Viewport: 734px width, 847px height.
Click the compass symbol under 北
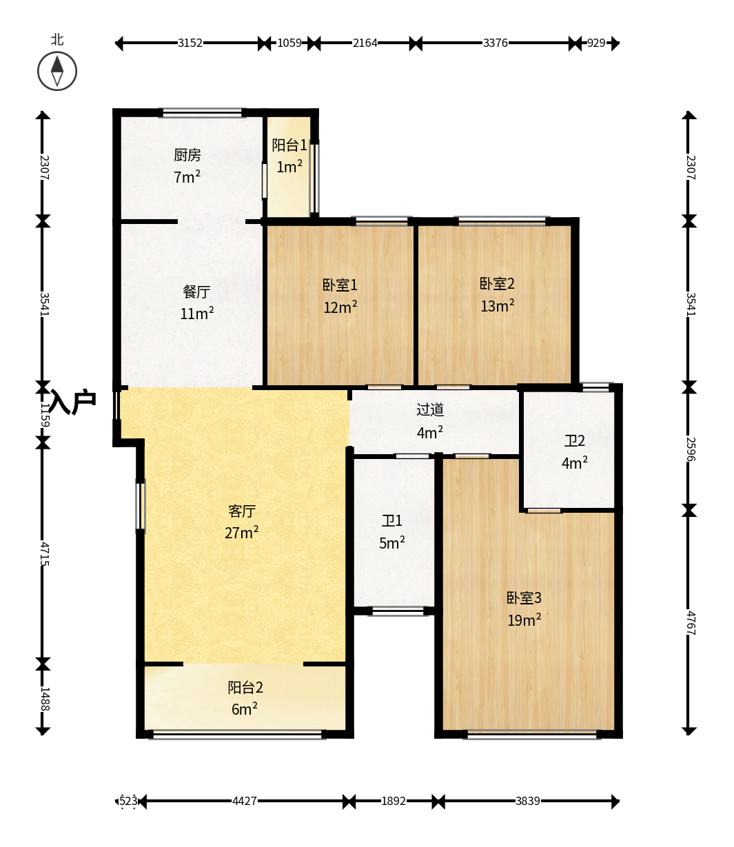pos(57,71)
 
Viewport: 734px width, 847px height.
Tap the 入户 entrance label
pos(73,402)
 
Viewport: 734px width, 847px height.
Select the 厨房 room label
pos(187,155)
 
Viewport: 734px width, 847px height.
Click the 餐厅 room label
pos(196,292)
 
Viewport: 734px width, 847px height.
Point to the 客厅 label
pos(242,511)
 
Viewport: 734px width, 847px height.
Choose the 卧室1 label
pos(340,285)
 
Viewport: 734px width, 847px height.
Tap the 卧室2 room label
pos(497,284)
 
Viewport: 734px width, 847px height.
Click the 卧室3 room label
pos(524,598)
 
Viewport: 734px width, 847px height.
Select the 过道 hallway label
pos(430,410)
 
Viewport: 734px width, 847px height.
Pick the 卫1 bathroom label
pos(392,521)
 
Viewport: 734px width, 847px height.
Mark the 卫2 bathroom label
pos(575,441)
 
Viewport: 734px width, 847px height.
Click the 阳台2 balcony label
pos(245,688)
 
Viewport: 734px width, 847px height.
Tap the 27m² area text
pos(241,532)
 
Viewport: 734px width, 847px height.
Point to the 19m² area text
pos(524,620)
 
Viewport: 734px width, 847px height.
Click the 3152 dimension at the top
pos(190,43)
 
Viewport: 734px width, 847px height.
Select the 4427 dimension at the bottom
pos(244,801)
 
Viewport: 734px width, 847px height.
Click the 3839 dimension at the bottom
pos(527,801)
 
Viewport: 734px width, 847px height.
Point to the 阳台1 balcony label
pos(289,145)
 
